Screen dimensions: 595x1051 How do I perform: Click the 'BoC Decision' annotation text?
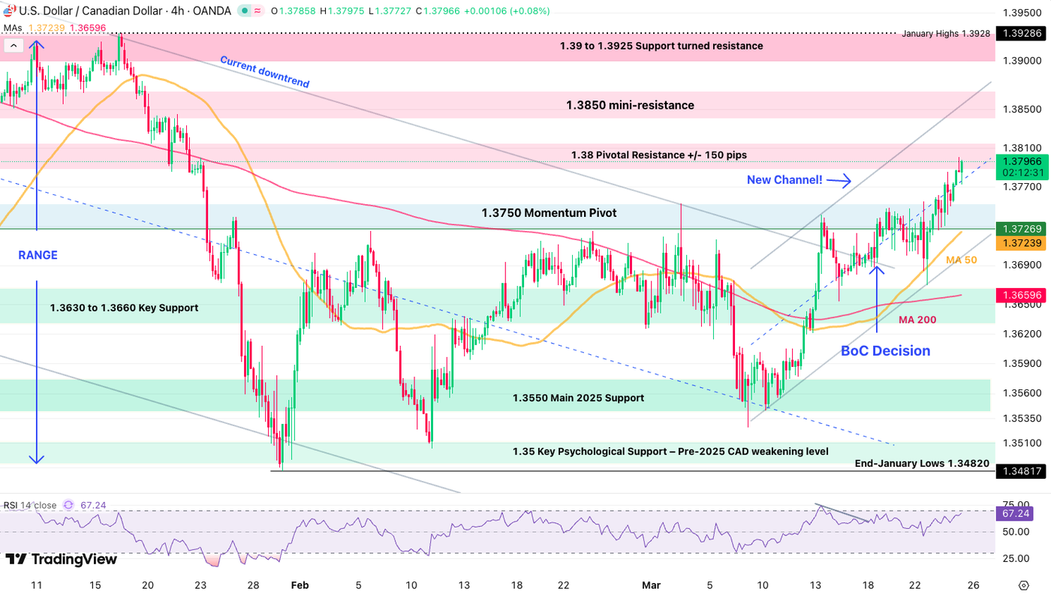885,350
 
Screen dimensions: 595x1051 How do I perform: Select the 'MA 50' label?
962,260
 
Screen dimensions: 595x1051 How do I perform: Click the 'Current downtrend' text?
264,72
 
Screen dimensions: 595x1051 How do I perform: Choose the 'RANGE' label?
38,255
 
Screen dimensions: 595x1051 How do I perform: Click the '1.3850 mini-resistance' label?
630,105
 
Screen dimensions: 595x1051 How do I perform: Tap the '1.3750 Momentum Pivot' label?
549,213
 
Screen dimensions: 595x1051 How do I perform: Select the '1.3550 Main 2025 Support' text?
578,398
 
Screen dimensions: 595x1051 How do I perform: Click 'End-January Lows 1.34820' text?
922,464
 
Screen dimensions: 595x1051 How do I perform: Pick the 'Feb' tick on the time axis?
299,585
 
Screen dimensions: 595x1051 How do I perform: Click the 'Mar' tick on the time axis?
652,585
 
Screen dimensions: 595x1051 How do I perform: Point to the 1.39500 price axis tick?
1022,13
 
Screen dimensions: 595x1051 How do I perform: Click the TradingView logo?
62,560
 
